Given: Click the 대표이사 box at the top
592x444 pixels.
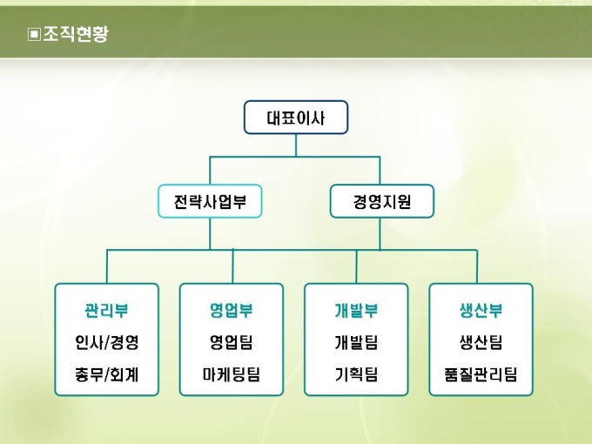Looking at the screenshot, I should pos(295,118).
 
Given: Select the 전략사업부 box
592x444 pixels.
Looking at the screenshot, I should pos(210,202).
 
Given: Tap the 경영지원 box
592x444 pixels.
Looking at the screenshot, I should pos(381,202).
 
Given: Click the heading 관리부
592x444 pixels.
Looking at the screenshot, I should pos(106,311).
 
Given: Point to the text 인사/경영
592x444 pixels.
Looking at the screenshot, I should pos(106,342).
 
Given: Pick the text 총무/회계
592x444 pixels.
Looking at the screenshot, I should pos(106,375).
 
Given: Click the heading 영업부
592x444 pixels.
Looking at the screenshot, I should pos(231,311).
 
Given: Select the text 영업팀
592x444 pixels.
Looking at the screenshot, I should pos(231,342).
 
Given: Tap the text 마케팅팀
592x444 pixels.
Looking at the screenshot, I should pos(231,375).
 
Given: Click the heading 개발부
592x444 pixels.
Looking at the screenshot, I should pos(356,311).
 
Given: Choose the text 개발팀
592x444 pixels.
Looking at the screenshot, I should pos(356,342).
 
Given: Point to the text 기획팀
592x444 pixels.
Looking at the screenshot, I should pos(356,375).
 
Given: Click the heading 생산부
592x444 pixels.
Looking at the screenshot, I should pos(481,311).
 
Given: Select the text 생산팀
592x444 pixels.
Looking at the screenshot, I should pos(481,342).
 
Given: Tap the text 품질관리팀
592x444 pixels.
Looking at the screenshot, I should pos(481,375).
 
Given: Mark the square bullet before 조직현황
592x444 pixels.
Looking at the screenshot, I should pos(34,35).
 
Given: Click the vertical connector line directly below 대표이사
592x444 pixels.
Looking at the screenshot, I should pos(295,145).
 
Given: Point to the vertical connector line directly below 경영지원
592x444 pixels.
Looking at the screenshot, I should pos(380,233).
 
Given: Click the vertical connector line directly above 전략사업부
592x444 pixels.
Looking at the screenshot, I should pos(210,171).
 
